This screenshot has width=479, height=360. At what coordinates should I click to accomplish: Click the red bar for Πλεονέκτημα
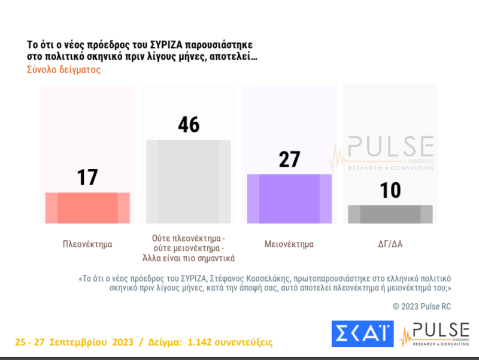coord(87,208)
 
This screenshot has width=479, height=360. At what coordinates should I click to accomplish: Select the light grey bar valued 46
coord(189,181)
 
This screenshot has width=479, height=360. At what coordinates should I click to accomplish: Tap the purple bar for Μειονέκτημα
coord(289,199)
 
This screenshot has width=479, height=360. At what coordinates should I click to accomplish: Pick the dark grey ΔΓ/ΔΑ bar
coord(390,214)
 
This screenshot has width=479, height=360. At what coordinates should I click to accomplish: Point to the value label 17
coord(87,177)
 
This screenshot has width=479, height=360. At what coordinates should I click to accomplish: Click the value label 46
coord(189,125)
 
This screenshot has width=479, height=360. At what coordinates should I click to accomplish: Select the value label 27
coord(289,160)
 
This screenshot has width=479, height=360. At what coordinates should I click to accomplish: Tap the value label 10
coord(390,190)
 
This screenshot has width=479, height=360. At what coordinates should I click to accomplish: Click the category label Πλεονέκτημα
coord(87,244)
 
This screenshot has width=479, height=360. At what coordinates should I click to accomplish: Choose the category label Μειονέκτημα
coord(289,244)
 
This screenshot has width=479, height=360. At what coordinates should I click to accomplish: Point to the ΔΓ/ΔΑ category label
coord(390,244)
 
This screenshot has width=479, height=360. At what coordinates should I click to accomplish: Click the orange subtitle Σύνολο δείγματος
coord(63,69)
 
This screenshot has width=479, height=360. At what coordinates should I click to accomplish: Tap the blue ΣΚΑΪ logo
coord(362,334)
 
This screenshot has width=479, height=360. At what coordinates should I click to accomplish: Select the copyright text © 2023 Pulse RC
coord(422,306)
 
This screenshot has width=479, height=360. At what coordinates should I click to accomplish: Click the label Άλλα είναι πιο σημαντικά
coord(189,259)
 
